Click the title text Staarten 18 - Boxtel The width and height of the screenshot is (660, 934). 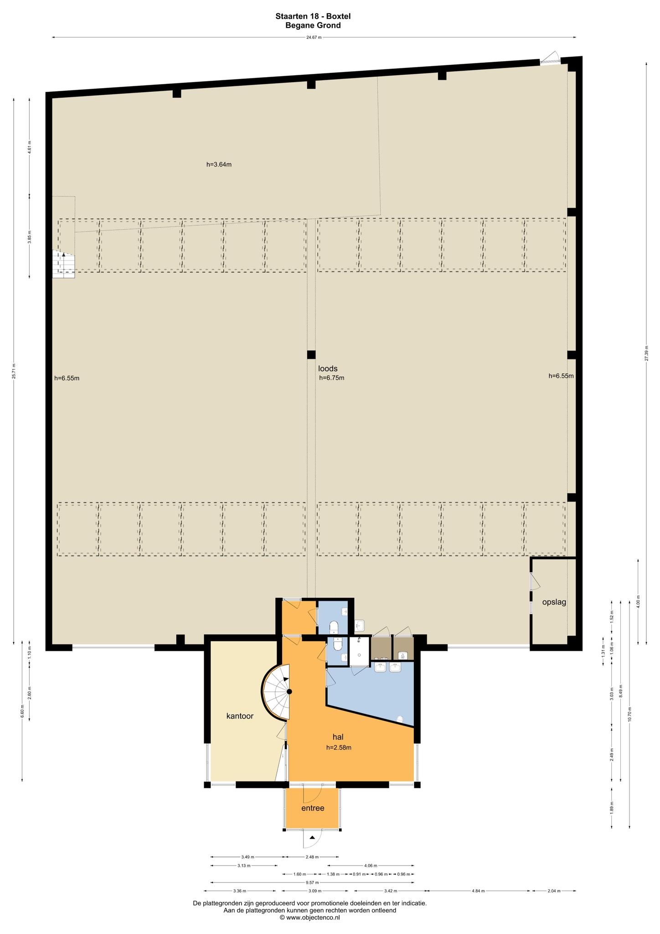313,16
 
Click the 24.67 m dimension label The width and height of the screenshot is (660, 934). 314,37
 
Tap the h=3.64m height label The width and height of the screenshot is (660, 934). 219,165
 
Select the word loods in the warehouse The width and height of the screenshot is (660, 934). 328,368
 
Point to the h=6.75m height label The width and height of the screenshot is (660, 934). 331,378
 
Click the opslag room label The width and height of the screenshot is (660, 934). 554,602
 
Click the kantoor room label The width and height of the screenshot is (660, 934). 240,716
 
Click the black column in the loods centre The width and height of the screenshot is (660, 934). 311,354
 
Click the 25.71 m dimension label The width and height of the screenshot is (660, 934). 14,371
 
